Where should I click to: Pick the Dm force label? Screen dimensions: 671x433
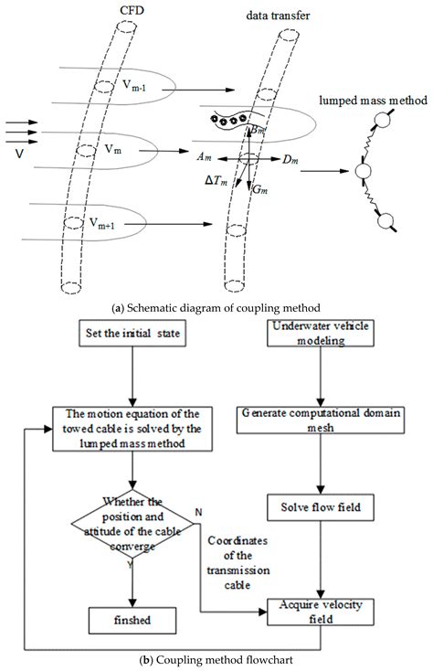(290, 161)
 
